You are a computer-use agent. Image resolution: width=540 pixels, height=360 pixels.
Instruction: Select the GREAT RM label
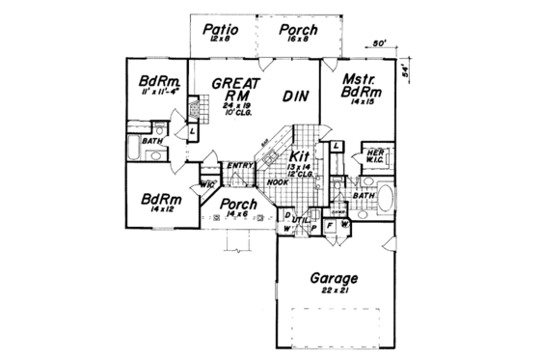pos(235,90)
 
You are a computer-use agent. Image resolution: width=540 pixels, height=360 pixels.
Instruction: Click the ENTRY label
pos(239,164)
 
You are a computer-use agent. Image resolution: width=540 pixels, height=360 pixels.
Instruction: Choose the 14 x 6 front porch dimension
pos(235,216)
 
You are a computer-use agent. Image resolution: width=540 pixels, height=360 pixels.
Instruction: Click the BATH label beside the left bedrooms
pos(151,141)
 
